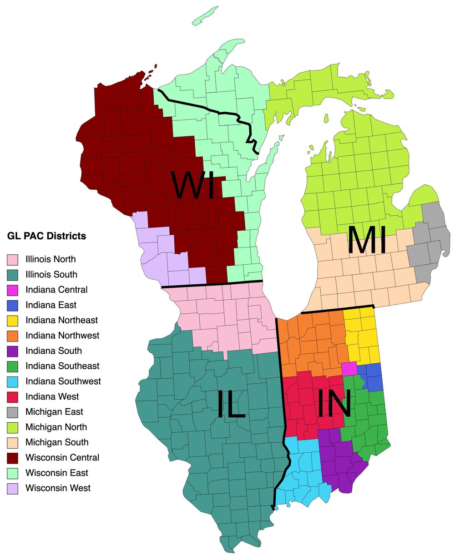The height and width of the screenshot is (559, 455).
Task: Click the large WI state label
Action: click(x=193, y=185)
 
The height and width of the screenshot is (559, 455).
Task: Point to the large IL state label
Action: click(x=231, y=405)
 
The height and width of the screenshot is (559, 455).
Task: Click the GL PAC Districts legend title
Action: click(x=46, y=237)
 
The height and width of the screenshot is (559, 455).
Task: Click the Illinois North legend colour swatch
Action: click(x=12, y=260)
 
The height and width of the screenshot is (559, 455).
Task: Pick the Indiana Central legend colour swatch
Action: click(x=12, y=290)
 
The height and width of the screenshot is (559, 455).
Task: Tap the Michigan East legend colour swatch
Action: click(x=12, y=412)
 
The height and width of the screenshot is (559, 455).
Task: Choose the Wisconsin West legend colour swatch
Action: click(x=12, y=489)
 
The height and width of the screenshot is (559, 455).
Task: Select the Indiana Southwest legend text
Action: click(x=63, y=381)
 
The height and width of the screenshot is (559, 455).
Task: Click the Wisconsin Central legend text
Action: click(x=62, y=458)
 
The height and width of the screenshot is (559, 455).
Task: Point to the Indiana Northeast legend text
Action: click(x=61, y=321)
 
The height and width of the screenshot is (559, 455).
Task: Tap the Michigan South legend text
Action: click(x=57, y=443)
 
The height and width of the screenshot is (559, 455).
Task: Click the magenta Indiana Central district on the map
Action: click(x=349, y=368)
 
